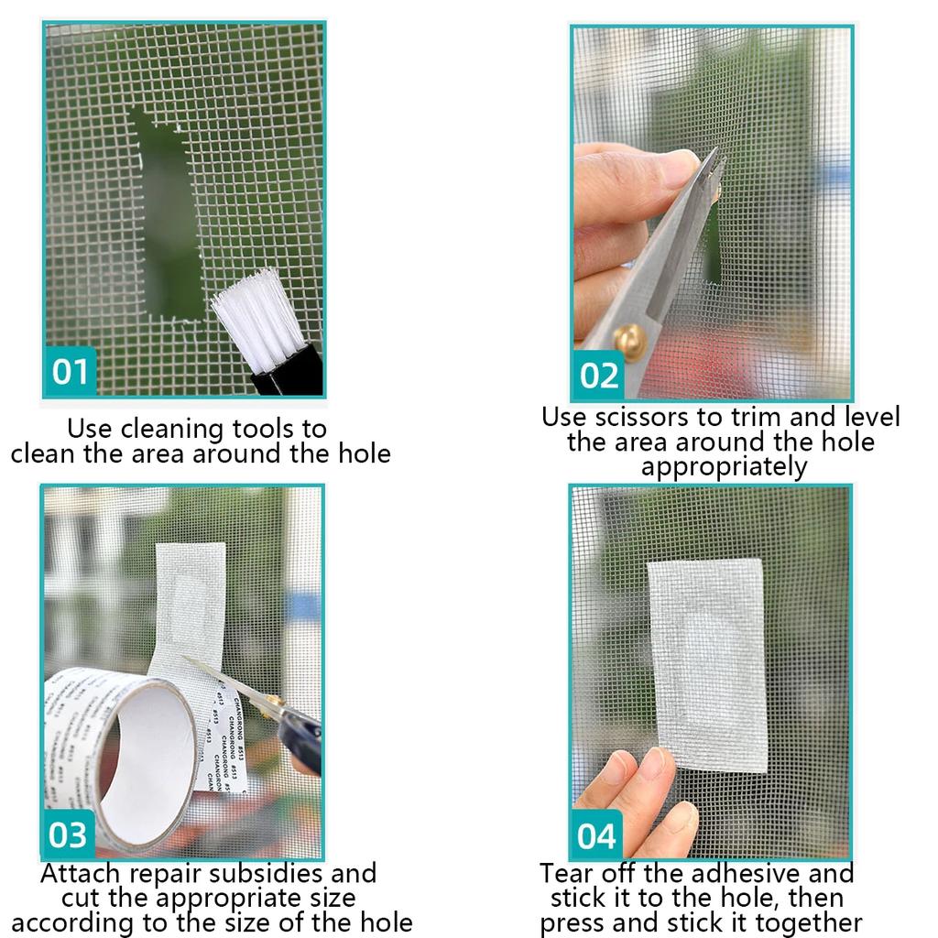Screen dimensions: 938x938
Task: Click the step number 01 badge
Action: coord(71,372)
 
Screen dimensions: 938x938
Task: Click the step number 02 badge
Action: coord(599,376)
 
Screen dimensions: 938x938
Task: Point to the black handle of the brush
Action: coord(289,376)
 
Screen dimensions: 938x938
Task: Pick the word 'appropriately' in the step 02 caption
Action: coord(724,467)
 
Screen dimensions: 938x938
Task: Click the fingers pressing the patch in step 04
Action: coord(641,788)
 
